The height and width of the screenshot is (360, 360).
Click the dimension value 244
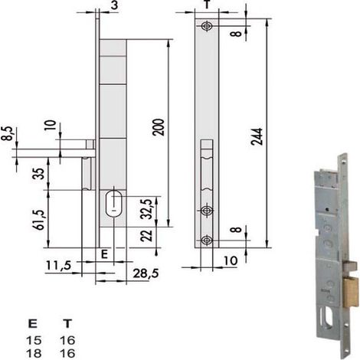coord(257,136)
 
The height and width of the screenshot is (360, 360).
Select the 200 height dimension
coord(159,127)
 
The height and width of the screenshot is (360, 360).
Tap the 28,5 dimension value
coord(146,273)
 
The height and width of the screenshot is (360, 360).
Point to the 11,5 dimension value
coord(58,265)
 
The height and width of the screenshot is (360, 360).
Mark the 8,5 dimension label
coord(7,133)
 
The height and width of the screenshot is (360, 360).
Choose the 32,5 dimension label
coord(147,208)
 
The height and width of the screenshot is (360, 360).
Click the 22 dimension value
coord(147,236)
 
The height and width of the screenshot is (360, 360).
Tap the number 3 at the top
coord(115,5)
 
